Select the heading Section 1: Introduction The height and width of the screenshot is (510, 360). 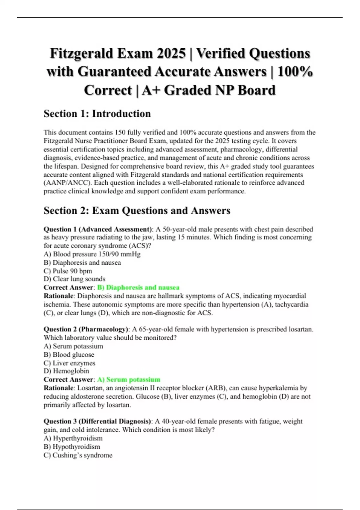coord(97,114)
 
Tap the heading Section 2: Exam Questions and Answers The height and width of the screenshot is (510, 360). coord(137,211)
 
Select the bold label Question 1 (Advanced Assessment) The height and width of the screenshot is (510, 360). coord(98,229)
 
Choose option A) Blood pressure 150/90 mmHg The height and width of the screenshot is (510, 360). coord(92,254)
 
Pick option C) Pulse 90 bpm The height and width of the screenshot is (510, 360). coord(68,271)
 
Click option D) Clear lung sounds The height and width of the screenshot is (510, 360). coord(74,279)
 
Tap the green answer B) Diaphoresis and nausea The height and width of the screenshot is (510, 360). coord(138,287)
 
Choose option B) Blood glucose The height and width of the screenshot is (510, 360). coord(69,355)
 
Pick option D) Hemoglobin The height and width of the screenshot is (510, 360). coord(66,371)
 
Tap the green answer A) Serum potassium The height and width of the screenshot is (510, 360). coord(129,379)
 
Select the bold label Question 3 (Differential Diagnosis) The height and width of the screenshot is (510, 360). coord(97,421)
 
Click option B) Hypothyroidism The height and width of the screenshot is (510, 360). coord(72,447)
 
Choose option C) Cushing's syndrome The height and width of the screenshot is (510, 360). coord(78,455)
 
